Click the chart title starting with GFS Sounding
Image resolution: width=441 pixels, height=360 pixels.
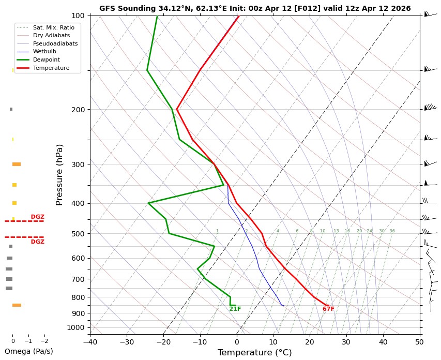(255, 8)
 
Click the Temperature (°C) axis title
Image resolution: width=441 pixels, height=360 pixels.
(255, 353)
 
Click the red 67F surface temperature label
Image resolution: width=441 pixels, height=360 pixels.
(328, 309)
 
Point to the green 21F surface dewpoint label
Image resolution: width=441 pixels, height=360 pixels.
(235, 309)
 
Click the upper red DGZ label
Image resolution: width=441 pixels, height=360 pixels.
(38, 217)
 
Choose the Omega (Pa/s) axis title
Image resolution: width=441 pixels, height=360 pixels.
(28, 351)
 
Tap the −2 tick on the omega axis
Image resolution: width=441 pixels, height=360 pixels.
(44, 341)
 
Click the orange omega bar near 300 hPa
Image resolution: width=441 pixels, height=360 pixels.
(17, 164)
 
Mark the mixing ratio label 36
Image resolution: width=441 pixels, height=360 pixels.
(392, 231)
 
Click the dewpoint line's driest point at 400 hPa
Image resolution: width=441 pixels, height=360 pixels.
(148, 203)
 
